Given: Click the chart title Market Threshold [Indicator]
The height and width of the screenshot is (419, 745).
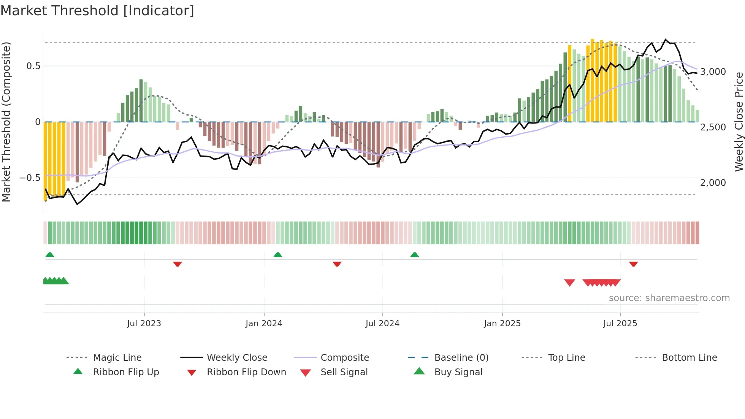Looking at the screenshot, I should [x=97, y=11].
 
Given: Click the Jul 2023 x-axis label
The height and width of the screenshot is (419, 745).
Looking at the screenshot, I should [x=144, y=324].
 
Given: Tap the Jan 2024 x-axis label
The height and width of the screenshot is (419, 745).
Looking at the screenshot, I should [x=264, y=324].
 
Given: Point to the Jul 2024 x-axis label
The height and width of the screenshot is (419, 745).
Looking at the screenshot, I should [x=382, y=324].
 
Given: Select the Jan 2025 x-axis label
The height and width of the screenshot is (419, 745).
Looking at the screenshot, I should [x=502, y=324].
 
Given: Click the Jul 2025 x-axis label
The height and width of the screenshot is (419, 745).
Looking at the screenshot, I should [x=620, y=324].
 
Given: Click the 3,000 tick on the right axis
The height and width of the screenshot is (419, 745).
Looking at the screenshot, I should [x=713, y=72].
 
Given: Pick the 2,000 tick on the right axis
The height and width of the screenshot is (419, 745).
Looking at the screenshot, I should [x=713, y=183].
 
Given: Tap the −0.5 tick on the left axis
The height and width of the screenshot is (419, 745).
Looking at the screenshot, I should [x=30, y=178].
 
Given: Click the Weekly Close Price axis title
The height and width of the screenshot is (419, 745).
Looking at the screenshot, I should [x=739, y=122].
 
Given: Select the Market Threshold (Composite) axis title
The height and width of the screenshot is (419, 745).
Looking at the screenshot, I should [x=6, y=122].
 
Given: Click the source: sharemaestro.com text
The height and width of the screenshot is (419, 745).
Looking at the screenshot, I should [x=669, y=298].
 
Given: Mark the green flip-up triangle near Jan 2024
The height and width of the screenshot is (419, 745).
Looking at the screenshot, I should [x=278, y=255].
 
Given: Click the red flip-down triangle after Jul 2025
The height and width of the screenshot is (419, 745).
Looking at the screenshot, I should [x=633, y=264].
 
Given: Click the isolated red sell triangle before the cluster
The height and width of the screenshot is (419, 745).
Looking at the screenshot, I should [x=569, y=283].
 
